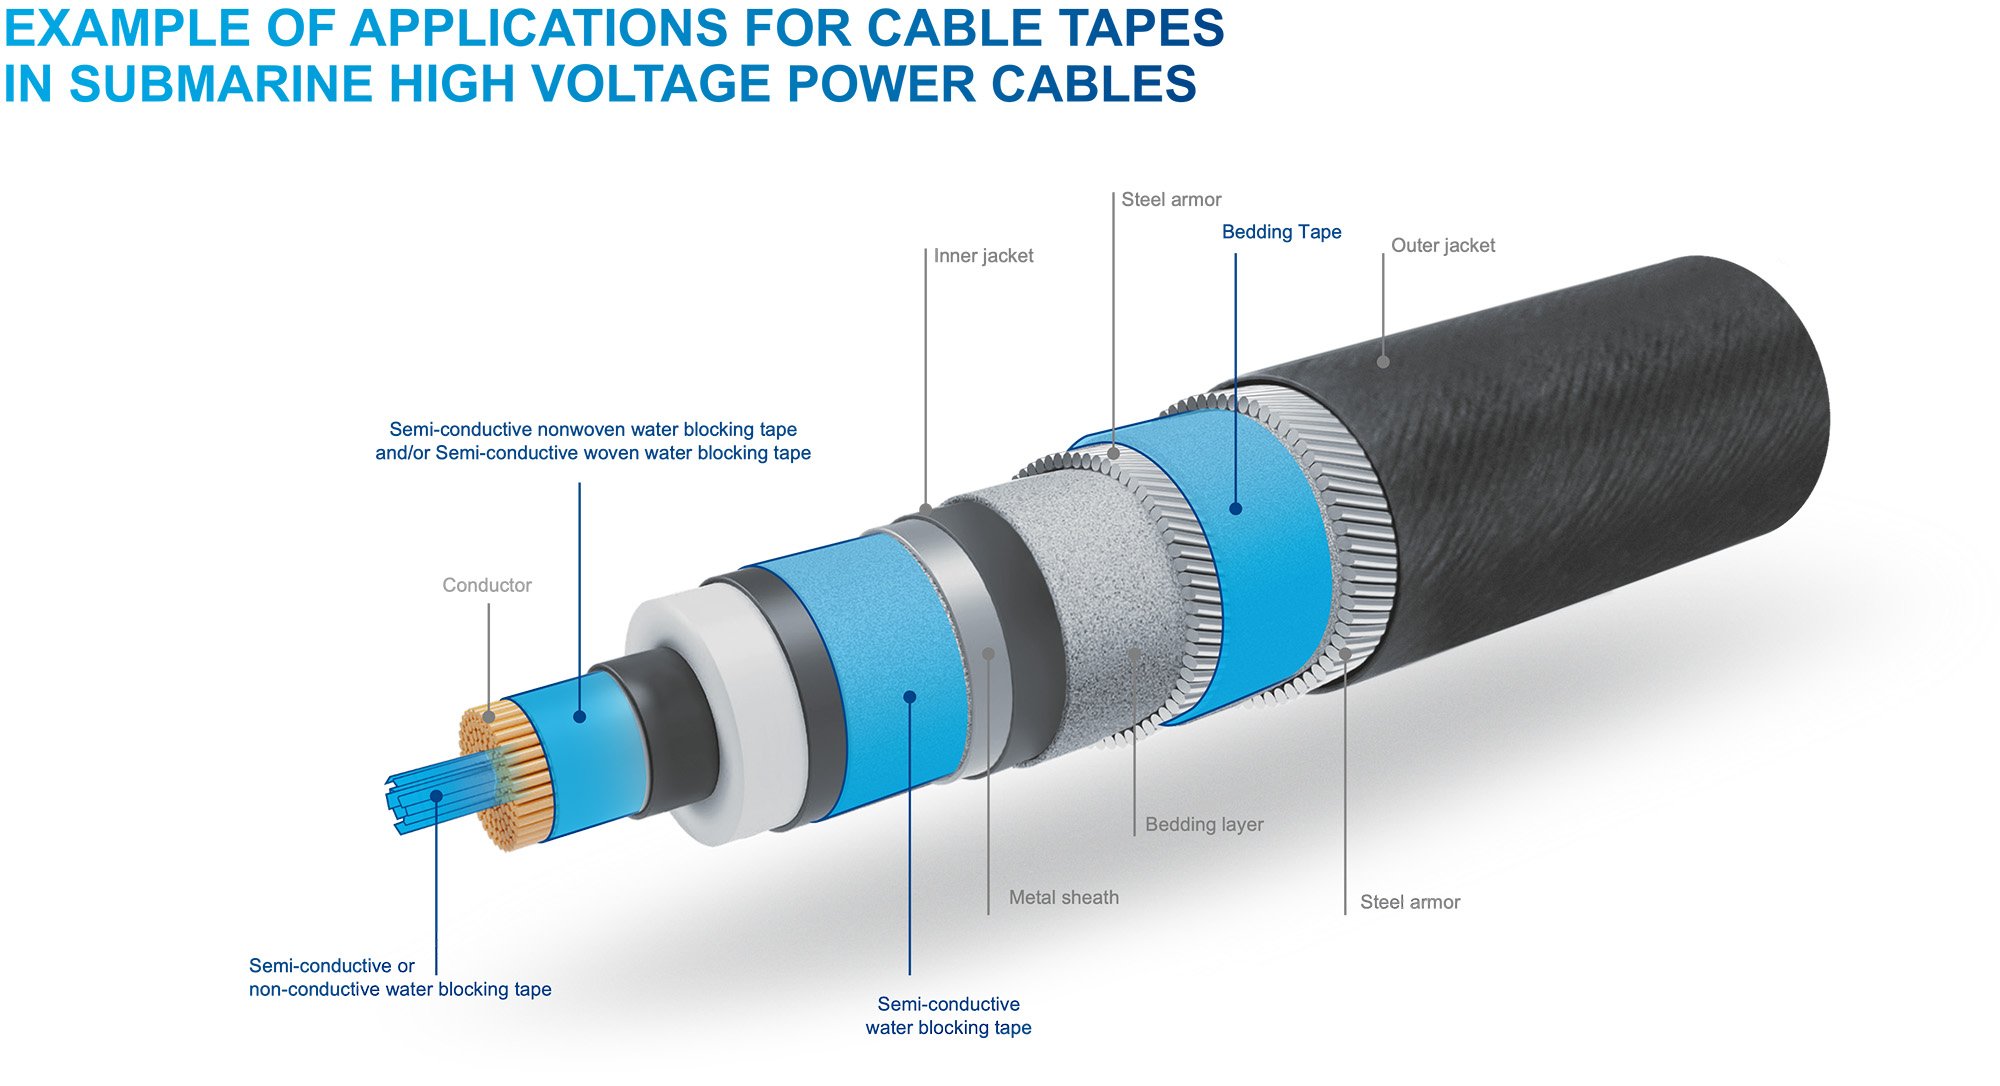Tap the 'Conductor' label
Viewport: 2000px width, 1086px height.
(487, 585)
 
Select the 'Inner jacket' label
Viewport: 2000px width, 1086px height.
(983, 256)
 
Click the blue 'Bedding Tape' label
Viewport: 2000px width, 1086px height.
(1281, 232)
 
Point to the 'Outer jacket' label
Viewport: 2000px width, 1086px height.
(1442, 246)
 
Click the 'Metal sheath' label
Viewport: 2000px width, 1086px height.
(1063, 898)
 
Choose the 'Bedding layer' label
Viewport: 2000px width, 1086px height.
(1204, 825)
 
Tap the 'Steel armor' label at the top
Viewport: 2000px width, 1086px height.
(1171, 200)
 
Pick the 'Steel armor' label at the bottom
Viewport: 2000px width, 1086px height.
(1409, 903)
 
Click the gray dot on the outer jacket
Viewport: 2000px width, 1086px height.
(1383, 362)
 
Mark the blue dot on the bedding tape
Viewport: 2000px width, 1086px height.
(1235, 509)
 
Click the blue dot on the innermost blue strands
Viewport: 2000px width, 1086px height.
(436, 796)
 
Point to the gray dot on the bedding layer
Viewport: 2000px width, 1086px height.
(1134, 653)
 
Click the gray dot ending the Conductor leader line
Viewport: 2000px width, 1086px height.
(488, 716)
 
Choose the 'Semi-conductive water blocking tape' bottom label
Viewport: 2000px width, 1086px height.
(948, 1016)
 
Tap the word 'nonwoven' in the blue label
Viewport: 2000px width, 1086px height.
(577, 430)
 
